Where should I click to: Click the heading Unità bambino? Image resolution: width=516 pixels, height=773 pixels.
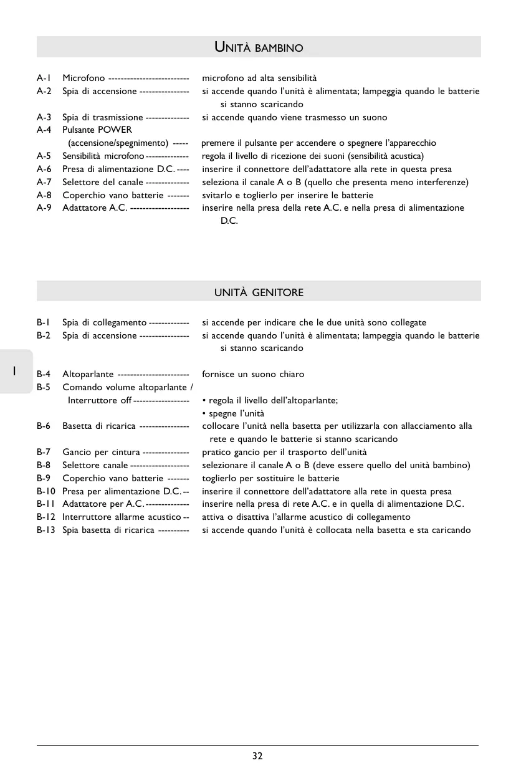(259, 47)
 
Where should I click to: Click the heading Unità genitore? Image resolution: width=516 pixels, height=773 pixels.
(259, 292)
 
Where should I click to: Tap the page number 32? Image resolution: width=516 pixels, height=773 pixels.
(257, 756)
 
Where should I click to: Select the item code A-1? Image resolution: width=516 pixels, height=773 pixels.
(44, 79)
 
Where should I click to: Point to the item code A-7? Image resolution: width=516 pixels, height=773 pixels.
(44, 182)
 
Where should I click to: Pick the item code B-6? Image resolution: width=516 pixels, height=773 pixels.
(44, 426)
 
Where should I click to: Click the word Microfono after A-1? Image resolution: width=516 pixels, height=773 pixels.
(84, 79)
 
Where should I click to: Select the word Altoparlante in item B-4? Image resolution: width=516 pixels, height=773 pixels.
(88, 375)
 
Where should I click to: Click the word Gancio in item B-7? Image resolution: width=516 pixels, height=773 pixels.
(77, 452)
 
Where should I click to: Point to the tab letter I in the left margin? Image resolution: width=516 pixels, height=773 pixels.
(13, 371)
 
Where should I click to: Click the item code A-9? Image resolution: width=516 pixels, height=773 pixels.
(44, 208)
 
